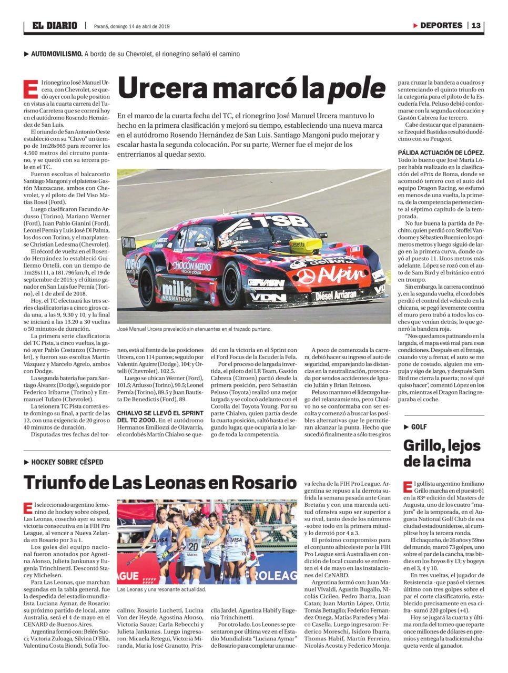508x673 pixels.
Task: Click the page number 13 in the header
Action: [x=476, y=25]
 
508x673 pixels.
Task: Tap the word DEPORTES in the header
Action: [x=441, y=25]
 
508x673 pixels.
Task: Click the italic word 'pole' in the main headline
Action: [x=357, y=88]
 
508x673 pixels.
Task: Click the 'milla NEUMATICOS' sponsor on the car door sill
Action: [x=177, y=290]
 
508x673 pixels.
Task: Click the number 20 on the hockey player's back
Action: [x=193, y=546]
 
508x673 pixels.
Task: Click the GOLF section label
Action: [x=419, y=427]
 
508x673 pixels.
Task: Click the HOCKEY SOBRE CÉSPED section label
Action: [x=67, y=462]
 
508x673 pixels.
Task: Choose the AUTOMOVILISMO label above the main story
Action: [x=56, y=54]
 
